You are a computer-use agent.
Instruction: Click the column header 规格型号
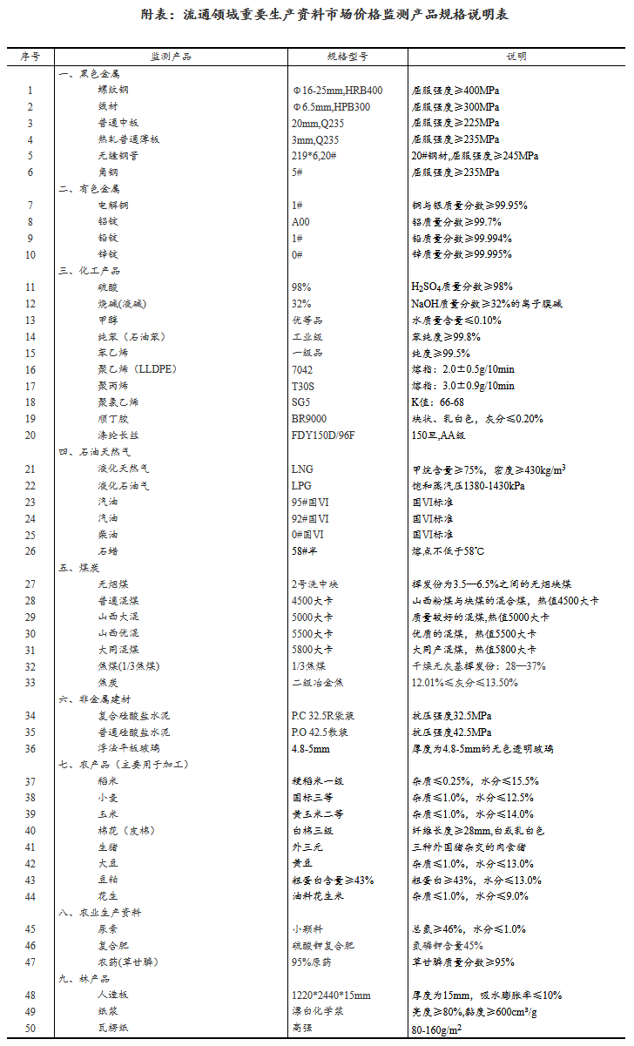click(x=347, y=57)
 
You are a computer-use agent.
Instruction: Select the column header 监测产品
click(x=171, y=57)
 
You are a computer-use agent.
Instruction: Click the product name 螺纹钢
click(x=113, y=90)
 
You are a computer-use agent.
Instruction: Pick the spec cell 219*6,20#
click(x=316, y=156)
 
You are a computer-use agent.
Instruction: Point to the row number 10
click(x=30, y=254)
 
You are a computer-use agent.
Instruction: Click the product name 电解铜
click(x=113, y=206)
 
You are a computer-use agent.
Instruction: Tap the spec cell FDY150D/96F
click(x=323, y=435)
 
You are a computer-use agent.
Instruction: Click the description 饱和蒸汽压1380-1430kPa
click(x=468, y=486)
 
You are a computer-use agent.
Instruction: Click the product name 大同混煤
click(x=118, y=650)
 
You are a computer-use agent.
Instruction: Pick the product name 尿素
click(x=108, y=929)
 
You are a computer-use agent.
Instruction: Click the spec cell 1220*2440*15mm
click(x=331, y=995)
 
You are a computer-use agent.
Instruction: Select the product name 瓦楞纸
click(x=113, y=1029)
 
